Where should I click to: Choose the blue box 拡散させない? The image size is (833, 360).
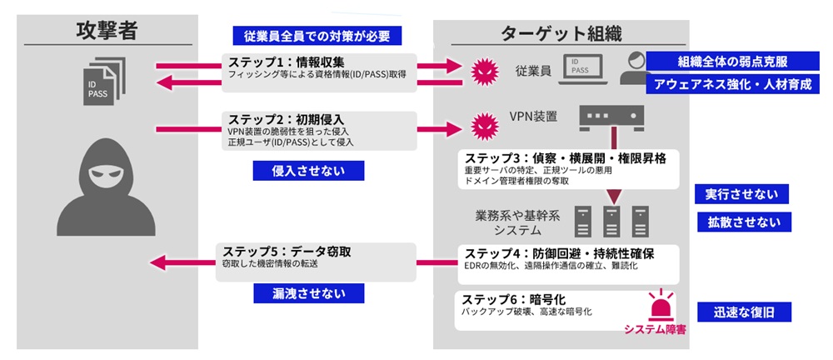[741, 222]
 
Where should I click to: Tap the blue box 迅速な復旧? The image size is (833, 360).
[741, 312]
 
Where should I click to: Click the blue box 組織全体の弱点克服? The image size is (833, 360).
[732, 62]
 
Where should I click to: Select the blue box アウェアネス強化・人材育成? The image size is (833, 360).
[732, 84]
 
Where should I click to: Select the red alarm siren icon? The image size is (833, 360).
[663, 306]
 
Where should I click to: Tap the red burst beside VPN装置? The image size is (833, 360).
[481, 127]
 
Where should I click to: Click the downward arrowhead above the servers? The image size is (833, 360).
[614, 197]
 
